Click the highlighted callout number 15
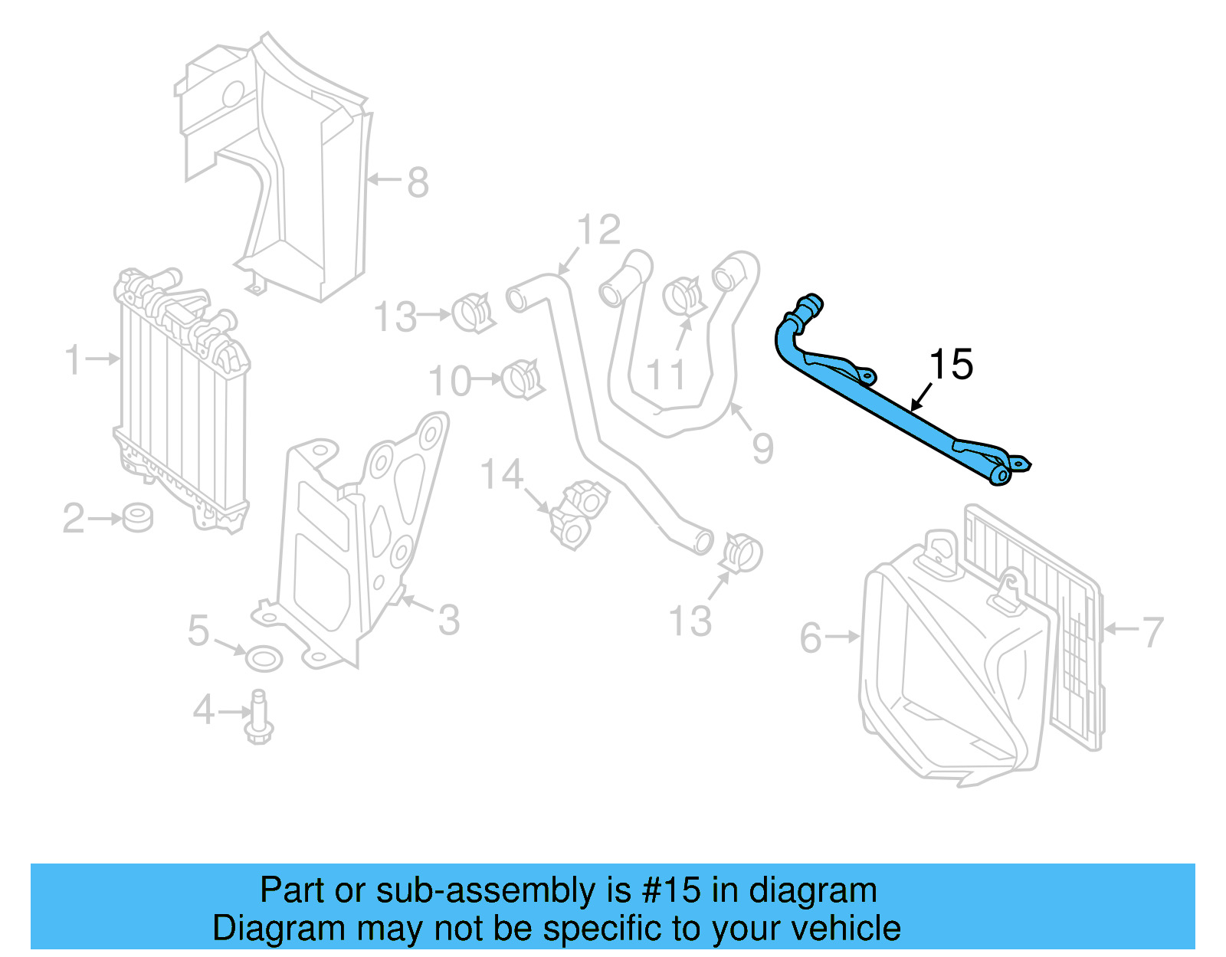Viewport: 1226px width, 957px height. pos(951,364)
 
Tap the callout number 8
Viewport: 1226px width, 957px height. pos(418,182)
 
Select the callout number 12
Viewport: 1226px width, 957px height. pos(598,229)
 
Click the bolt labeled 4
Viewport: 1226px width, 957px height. pos(259,716)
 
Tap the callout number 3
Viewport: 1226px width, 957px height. pos(449,619)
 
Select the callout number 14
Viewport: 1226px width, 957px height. pos(502,474)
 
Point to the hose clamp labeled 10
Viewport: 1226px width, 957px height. pos(523,378)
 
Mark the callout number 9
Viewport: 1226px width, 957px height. pos(762,447)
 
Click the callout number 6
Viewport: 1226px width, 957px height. pos(811,637)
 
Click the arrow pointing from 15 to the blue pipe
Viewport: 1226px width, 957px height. pos(922,397)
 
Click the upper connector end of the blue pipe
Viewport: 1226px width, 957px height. pos(809,305)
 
